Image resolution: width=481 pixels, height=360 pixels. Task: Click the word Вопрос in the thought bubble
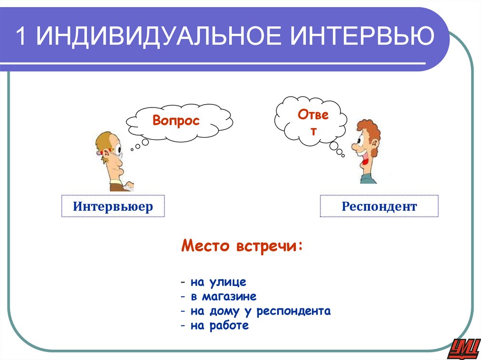(176, 121)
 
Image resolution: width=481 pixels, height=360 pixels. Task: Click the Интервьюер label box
(113, 206)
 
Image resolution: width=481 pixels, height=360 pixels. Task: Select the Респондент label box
(379, 206)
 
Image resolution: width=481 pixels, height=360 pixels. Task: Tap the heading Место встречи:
(242, 246)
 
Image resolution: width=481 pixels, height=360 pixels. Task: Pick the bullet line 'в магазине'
(218, 297)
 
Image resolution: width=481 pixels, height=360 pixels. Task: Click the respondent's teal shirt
(369, 178)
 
